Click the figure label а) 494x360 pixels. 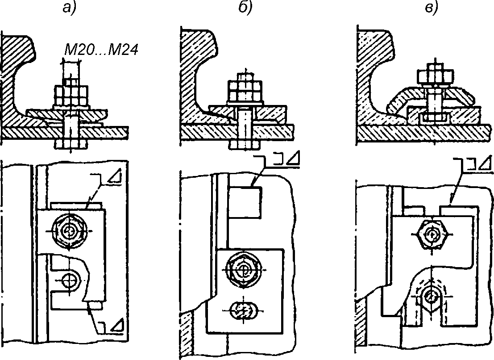click(67, 8)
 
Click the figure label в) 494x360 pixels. click(431, 8)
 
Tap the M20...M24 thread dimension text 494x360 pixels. click(101, 50)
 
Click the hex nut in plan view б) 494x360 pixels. click(244, 269)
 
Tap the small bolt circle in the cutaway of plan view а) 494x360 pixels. click(69, 280)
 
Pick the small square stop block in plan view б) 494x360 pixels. click(245, 202)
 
